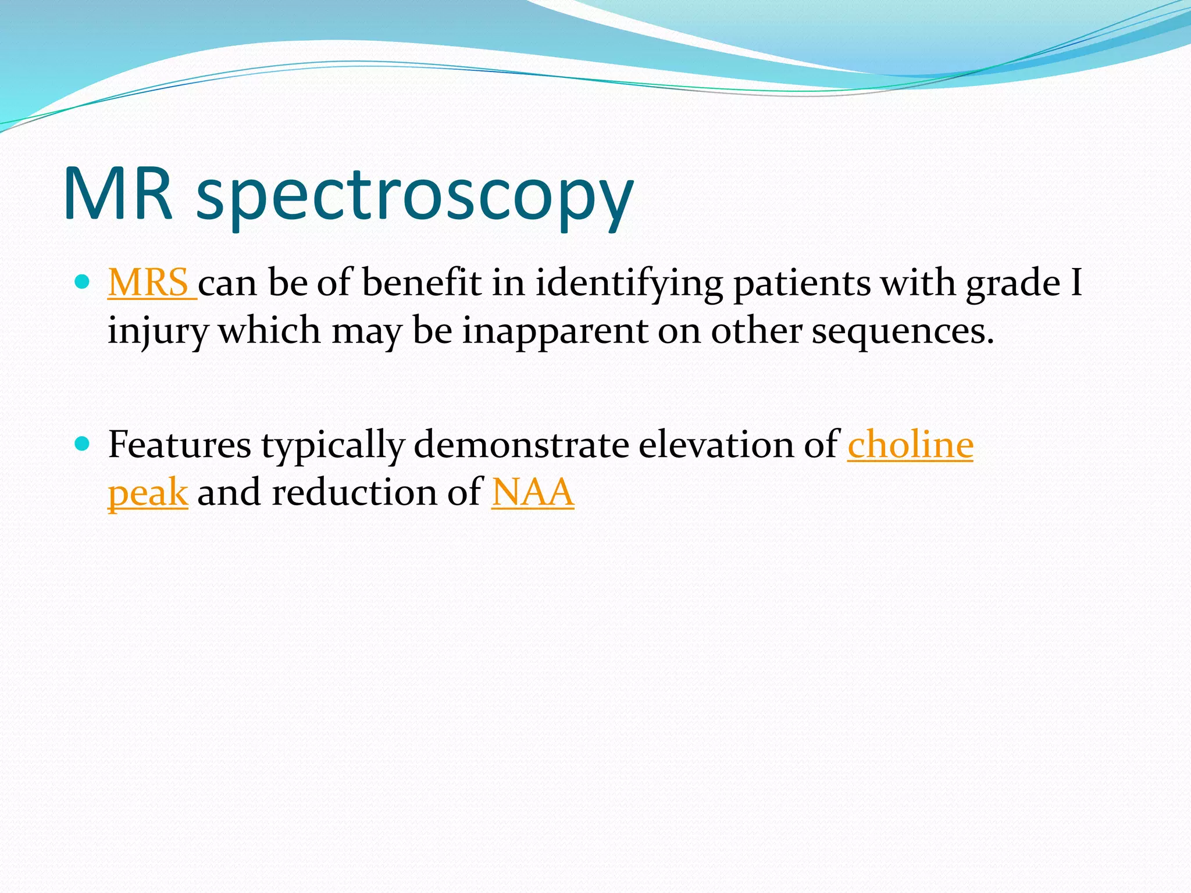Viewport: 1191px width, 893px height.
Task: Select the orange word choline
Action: pyautogui.click(x=910, y=445)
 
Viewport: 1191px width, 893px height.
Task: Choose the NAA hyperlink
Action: pyautogui.click(x=533, y=493)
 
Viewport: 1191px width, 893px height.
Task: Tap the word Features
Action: pyautogui.click(x=180, y=445)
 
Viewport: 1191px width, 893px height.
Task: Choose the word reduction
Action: pyautogui.click(x=354, y=493)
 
